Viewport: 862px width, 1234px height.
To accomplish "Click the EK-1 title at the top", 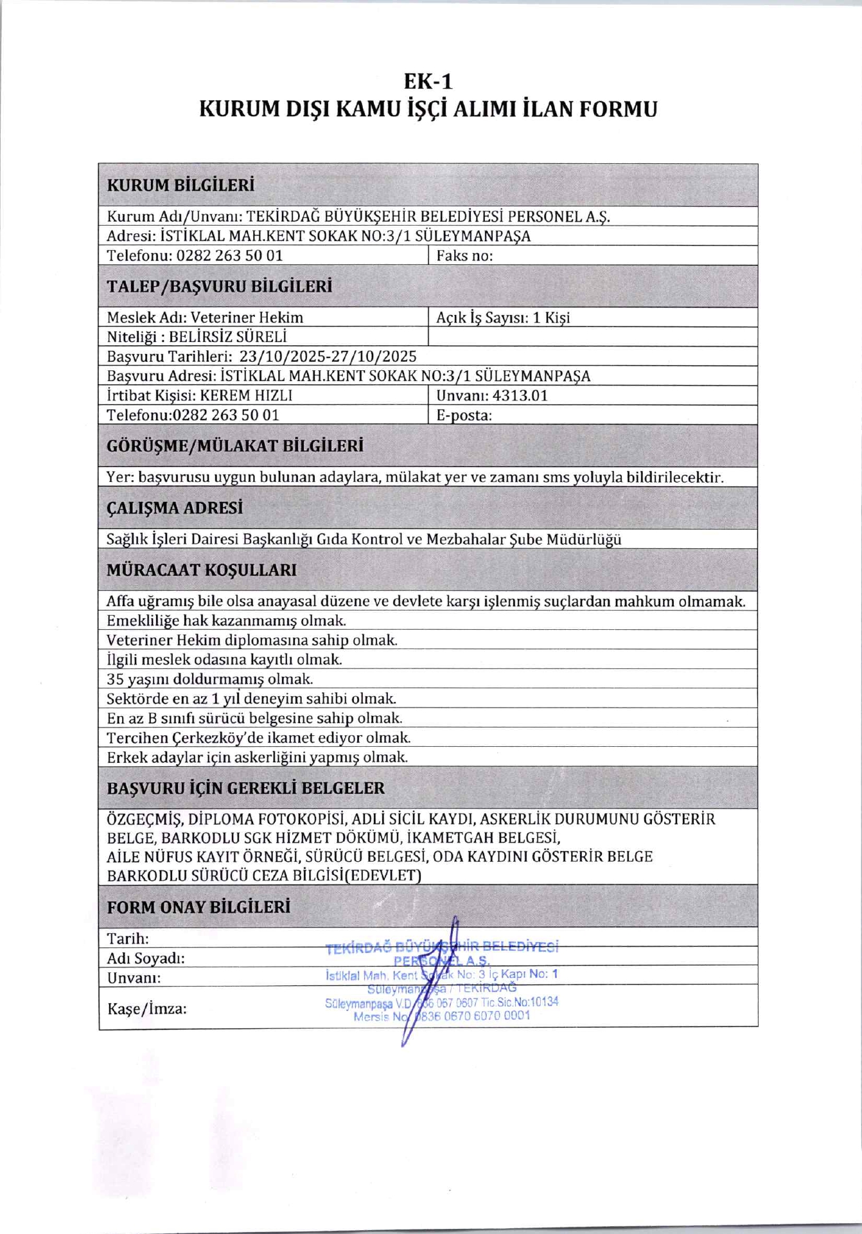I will pyautogui.click(x=428, y=82).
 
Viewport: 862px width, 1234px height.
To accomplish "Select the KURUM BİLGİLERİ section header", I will pyautogui.click(x=180, y=186).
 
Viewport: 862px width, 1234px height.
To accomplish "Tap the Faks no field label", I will pyautogui.click(x=464, y=256).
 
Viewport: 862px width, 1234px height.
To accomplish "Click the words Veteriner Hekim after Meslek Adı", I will pyautogui.click(x=247, y=317).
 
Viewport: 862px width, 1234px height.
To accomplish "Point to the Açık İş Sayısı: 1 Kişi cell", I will pyautogui.click(x=503, y=317).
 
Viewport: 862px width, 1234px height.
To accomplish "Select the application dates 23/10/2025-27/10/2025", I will pyautogui.click(x=328, y=357).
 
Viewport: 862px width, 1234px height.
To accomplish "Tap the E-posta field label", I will pyautogui.click(x=464, y=415).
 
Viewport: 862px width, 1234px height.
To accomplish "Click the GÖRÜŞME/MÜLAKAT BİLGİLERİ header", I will pyautogui.click(x=235, y=446).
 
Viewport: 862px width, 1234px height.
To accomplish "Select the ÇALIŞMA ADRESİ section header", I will pyautogui.click(x=175, y=508).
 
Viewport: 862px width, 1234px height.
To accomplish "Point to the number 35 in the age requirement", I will pyautogui.click(x=115, y=679).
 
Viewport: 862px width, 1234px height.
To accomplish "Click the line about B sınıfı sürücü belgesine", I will pyautogui.click(x=254, y=719).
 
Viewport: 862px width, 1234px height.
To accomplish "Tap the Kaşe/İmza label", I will pyautogui.click(x=147, y=1009).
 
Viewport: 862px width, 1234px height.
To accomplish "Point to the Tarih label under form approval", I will pyautogui.click(x=128, y=939).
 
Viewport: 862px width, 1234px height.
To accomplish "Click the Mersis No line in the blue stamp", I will pyautogui.click(x=442, y=1016).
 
